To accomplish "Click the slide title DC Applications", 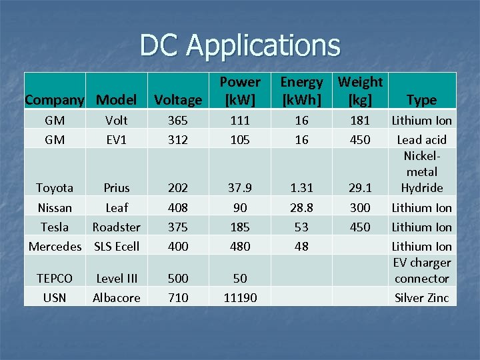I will point(239,45).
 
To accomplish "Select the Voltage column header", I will point(178,100).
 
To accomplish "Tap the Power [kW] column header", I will point(240,91).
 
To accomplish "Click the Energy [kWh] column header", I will point(301,91).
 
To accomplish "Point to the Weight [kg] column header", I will point(360,91).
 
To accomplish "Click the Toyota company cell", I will point(55,188).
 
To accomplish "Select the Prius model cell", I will point(117,188).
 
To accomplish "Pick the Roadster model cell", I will point(117,227).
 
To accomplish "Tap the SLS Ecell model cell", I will point(117,246).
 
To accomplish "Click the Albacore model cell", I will point(117,297).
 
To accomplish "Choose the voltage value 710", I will point(178,297).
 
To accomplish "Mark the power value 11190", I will point(240,297).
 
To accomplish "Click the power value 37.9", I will point(240,188).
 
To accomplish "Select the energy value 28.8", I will point(301,207).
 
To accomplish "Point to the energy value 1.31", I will point(301,188).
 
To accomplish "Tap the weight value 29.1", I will point(360,188).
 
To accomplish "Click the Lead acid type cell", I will point(421,139).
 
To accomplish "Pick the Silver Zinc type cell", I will point(421,297).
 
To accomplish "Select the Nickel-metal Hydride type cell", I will point(421,171).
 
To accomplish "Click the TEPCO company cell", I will point(55,278).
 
